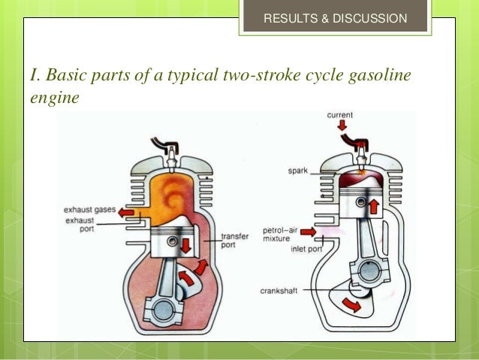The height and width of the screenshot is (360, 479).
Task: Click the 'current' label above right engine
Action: coord(341,115)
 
